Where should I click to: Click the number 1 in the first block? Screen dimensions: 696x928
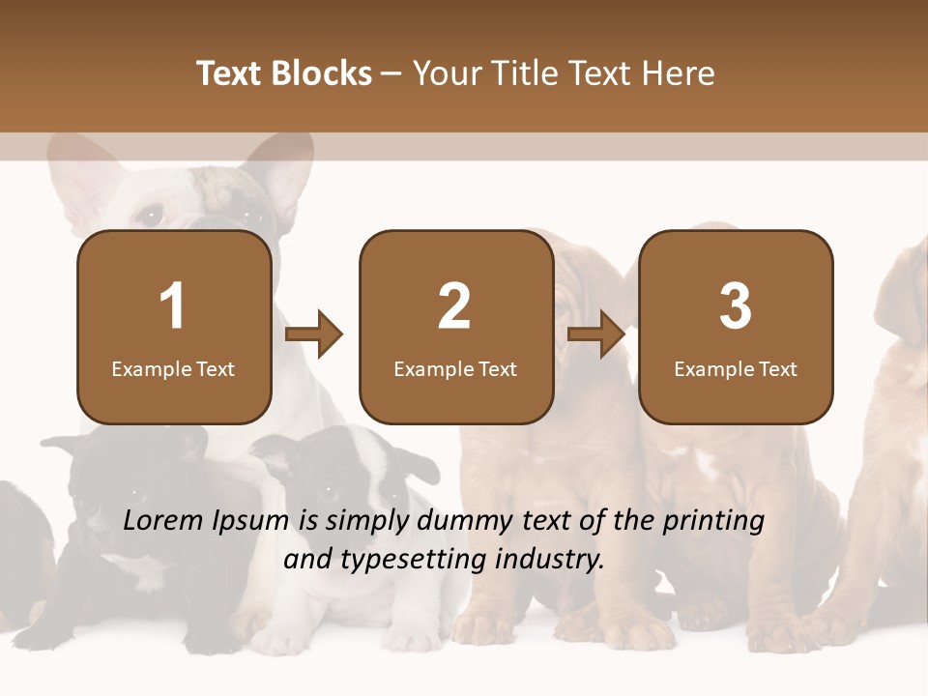[173, 306]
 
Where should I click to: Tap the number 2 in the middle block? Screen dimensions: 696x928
[454, 306]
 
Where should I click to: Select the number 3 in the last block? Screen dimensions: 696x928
[736, 306]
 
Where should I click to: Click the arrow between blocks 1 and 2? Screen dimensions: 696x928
[315, 334]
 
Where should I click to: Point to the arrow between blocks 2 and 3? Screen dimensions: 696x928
[596, 334]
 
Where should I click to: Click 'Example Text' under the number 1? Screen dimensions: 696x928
[173, 369]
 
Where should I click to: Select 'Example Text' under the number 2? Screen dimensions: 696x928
[455, 369]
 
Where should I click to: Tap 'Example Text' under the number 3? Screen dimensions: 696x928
[736, 369]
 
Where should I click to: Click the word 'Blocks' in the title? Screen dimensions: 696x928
[321, 73]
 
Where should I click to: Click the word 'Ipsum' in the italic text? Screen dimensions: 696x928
[252, 521]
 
